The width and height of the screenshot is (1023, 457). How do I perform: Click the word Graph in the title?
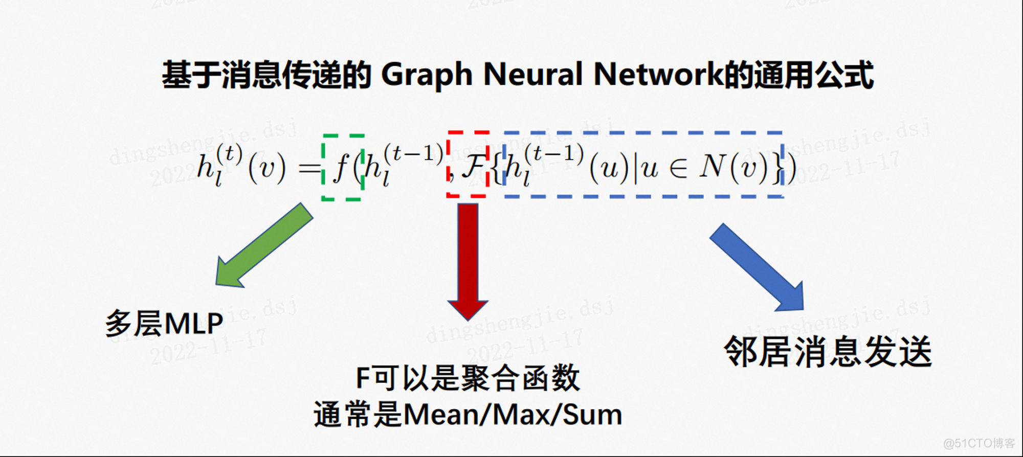[x=427, y=75]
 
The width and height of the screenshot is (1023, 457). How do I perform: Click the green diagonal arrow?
[x=264, y=245]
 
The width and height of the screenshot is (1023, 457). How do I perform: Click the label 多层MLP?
[x=164, y=323]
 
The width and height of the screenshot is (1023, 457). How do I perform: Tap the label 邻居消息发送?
[x=828, y=352]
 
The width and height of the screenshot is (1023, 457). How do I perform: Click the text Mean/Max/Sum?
[x=513, y=415]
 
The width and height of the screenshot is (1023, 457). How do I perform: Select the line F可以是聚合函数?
[x=468, y=378]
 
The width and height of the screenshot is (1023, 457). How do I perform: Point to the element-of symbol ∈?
[x=678, y=168]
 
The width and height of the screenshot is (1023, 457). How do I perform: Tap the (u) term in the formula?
[x=609, y=168]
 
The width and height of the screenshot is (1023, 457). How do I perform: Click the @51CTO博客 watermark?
[x=979, y=443]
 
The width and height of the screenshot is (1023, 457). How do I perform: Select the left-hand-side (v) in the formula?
[x=266, y=168]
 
